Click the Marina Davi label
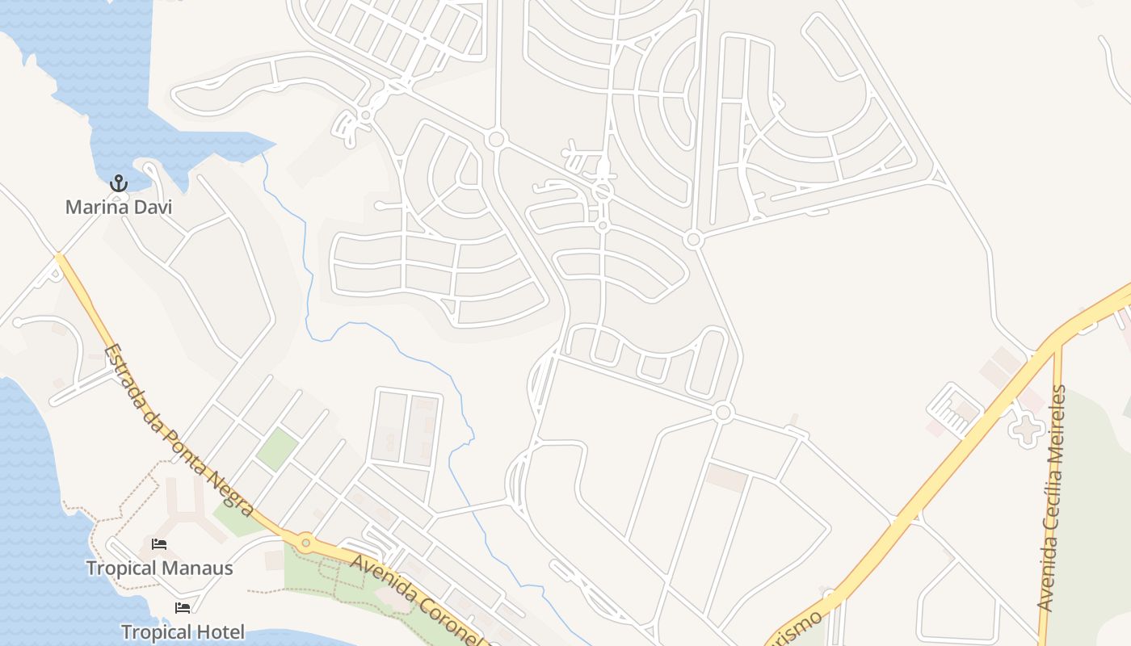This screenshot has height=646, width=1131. click(119, 208)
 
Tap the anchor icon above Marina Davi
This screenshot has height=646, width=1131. click(119, 184)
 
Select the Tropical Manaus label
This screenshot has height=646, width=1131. click(160, 568)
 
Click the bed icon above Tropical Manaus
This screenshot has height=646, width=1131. click(159, 545)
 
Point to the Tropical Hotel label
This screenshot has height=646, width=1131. click(183, 632)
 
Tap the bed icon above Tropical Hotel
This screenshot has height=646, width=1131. click(183, 608)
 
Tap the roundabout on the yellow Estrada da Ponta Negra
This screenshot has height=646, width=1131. click(305, 543)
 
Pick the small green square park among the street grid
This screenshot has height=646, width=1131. click(277, 450)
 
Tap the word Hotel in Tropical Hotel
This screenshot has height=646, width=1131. click(216, 632)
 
